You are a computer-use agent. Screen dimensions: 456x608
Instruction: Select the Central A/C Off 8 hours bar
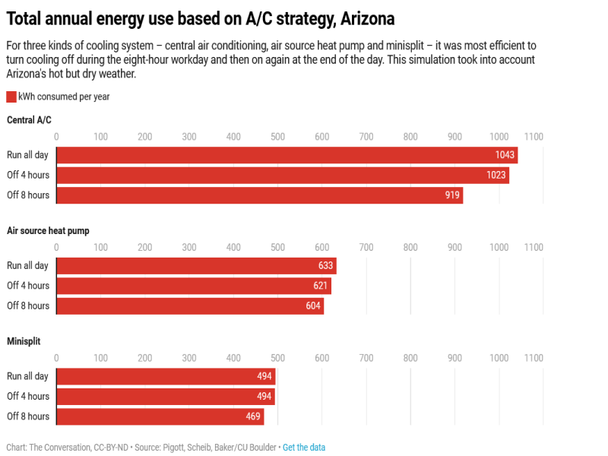(x=259, y=195)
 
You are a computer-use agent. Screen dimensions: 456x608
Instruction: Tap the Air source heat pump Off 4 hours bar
(x=194, y=286)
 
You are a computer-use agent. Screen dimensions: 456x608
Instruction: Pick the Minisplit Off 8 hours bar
(x=160, y=416)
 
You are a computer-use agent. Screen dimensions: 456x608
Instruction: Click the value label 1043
(x=505, y=155)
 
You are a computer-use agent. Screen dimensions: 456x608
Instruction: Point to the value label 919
(x=452, y=195)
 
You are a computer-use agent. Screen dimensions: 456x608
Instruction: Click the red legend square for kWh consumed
(x=11, y=97)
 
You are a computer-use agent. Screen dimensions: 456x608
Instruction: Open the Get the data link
(x=304, y=448)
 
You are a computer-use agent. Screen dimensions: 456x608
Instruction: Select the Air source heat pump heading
(x=48, y=230)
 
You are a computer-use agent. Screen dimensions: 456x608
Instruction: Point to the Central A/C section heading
(x=29, y=119)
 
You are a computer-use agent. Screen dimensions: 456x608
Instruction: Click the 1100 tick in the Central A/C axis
(x=534, y=137)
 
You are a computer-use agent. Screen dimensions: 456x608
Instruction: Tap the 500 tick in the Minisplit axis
(x=277, y=358)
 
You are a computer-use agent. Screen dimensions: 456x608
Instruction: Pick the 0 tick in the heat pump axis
(x=56, y=248)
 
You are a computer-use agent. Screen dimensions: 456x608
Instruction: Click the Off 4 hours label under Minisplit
(x=28, y=396)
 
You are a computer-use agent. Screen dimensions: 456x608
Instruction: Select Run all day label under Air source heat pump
(x=27, y=265)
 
